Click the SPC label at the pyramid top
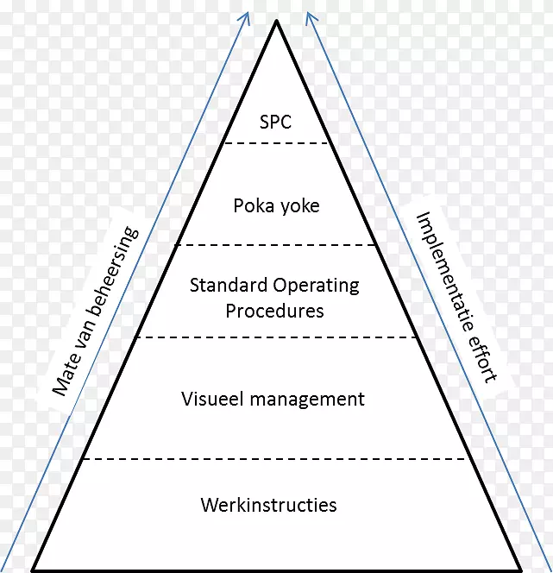tap(276, 122)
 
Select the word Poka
tap(251, 205)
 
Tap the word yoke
tap(299, 206)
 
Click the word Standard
tap(228, 285)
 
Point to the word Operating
tap(316, 286)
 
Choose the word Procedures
tap(275, 310)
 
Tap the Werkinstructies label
tap(268, 505)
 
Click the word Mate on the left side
tap(64, 375)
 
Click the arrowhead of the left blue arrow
tap(246, 16)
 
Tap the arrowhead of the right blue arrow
tap(308, 16)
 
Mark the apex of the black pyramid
tap(276, 22)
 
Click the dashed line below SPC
tap(276, 143)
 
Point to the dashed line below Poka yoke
tap(276, 245)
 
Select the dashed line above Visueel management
tap(276, 337)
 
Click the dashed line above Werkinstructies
tap(276, 459)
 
